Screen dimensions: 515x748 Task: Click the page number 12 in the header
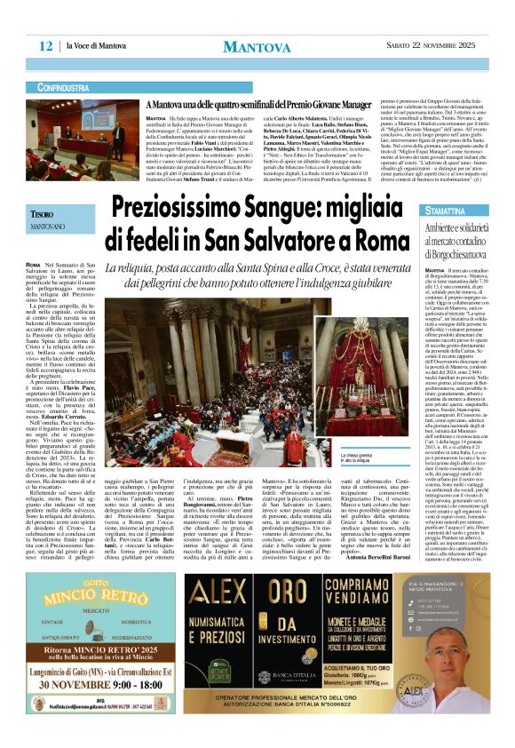click(x=45, y=45)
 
